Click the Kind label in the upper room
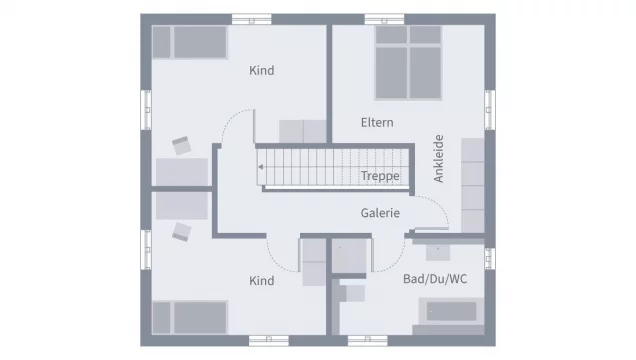(x=261, y=71)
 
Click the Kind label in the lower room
(x=261, y=281)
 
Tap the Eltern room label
(x=377, y=122)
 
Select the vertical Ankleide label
(x=439, y=158)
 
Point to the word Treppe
(x=380, y=176)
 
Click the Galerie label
(x=380, y=213)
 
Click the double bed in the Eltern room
(x=408, y=62)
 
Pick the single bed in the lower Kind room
(x=190, y=318)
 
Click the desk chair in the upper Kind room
(x=181, y=146)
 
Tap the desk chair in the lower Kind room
(x=181, y=231)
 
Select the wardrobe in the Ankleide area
(x=472, y=184)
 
